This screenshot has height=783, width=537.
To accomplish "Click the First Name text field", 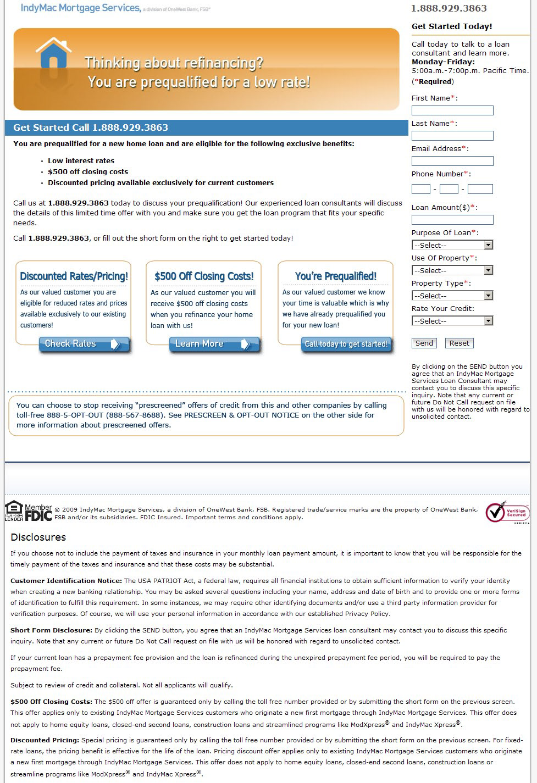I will [452, 110].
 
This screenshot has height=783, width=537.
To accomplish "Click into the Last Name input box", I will [452, 136].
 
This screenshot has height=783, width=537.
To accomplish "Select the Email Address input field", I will [452, 161].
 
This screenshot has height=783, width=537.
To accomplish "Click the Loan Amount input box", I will [452, 220].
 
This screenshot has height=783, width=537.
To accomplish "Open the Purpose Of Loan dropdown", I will [452, 245].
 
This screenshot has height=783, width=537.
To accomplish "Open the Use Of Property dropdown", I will [452, 270].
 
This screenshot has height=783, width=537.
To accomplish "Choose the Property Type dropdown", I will [452, 296].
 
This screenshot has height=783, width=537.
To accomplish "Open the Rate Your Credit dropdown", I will [452, 321].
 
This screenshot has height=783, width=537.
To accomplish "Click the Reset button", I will [459, 343].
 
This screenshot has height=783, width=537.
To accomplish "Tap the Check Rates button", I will [84, 344].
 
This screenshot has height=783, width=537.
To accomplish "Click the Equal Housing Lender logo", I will [14, 511].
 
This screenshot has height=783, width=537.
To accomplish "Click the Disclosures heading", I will [38, 537].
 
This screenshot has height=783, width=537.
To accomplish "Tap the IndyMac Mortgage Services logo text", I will [81, 8].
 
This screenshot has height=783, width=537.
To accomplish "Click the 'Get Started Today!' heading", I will [452, 26].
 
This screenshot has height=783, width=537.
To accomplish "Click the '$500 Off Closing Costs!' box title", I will [204, 276].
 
